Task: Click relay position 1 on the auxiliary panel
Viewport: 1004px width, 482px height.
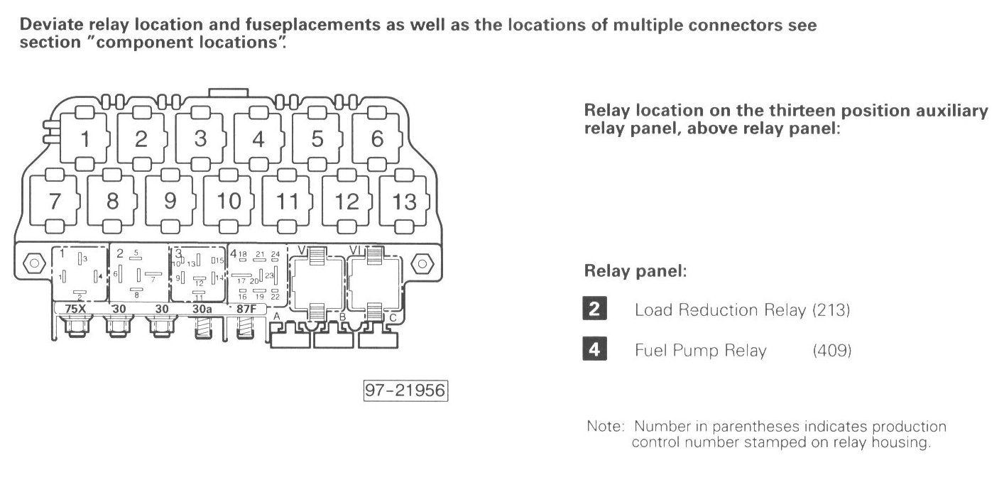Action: click(84, 140)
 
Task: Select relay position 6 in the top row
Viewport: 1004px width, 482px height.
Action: click(376, 140)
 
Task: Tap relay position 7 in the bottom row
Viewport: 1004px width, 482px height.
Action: click(55, 201)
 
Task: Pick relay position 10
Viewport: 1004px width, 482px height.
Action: click(229, 201)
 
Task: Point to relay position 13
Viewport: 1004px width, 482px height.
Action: click(404, 201)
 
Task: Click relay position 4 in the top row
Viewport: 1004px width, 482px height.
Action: click(258, 140)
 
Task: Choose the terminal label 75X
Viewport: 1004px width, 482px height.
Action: click(75, 309)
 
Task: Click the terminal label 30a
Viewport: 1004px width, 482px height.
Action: click(202, 309)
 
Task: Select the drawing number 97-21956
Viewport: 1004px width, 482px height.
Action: click(406, 392)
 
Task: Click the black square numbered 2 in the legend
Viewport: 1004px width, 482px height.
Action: click(594, 310)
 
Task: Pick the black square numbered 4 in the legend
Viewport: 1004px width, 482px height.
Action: click(594, 350)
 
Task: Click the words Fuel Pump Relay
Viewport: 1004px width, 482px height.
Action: click(700, 351)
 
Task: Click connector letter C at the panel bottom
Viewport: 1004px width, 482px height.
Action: click(393, 317)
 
